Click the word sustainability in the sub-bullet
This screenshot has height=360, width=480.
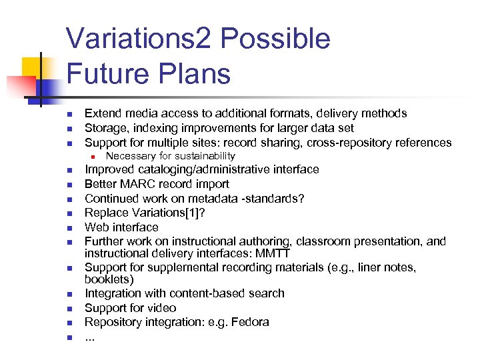coord(203,156)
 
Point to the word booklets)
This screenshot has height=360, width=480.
coord(109,279)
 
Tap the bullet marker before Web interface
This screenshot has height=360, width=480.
coord(70,228)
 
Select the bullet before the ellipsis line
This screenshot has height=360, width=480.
coord(70,337)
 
